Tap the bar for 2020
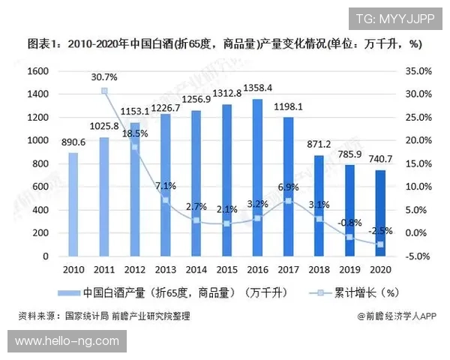point(380,213)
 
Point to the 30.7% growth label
point(104,77)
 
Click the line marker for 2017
point(288,201)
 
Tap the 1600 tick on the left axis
point(37,70)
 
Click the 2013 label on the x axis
point(165,270)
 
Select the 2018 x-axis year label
point(319,270)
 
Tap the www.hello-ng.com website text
point(67,341)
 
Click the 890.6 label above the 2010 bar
point(73,142)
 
